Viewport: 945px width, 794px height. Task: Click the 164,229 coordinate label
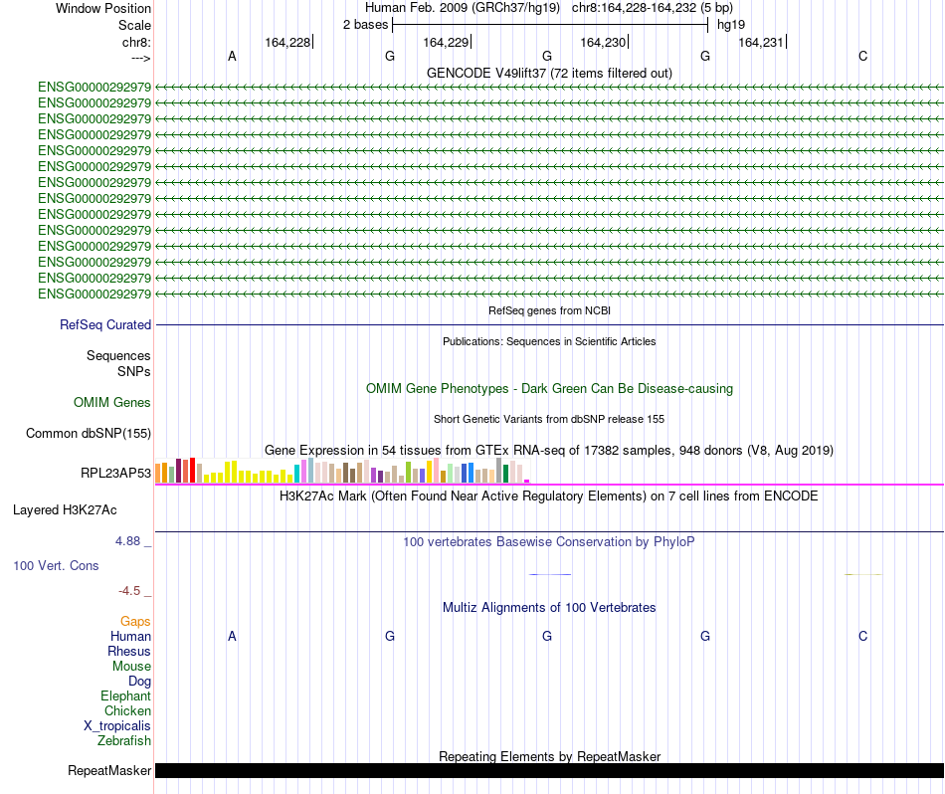tap(445, 42)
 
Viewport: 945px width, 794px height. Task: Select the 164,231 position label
tap(761, 42)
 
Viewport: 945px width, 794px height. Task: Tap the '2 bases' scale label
tap(365, 25)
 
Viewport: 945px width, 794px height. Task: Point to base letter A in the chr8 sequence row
tap(232, 57)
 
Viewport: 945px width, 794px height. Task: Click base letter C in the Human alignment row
tap(862, 636)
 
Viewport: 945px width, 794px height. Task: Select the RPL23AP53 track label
tap(116, 474)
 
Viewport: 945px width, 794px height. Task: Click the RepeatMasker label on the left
tap(109, 771)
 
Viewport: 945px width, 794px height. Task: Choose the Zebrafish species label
tap(124, 741)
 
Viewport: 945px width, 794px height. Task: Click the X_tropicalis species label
tap(117, 726)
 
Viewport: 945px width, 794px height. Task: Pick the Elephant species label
tap(125, 696)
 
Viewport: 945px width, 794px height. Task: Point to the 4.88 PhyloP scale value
tap(129, 541)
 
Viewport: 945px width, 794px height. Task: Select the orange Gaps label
tap(135, 622)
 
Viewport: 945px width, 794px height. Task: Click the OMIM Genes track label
tap(112, 403)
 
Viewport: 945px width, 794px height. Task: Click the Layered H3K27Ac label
tap(65, 510)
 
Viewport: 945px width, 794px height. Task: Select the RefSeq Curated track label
tap(105, 325)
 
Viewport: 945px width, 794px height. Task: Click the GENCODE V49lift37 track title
tap(549, 73)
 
